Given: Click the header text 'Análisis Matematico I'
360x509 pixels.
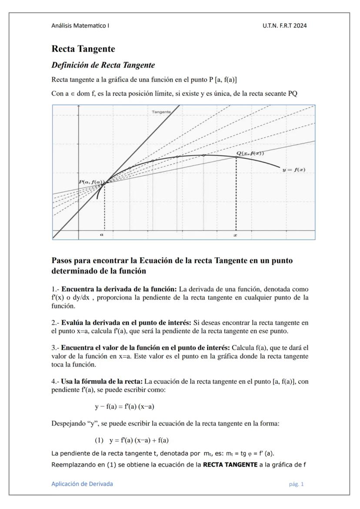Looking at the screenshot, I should pyautogui.click(x=80, y=26).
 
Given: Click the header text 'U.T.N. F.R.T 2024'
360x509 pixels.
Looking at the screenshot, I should pyautogui.click(x=285, y=26).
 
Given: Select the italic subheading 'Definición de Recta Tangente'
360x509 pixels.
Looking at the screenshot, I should pyautogui.click(x=103, y=65).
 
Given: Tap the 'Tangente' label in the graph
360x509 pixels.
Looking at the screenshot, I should pyautogui.click(x=161, y=112).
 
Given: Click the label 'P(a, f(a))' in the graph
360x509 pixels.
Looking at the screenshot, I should pyautogui.click(x=91, y=182).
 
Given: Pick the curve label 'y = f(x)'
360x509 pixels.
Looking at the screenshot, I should pyautogui.click(x=293, y=170).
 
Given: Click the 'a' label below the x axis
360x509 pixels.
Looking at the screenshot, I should pyautogui.click(x=102, y=234).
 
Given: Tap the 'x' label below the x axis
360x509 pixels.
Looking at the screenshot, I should pyautogui.click(x=235, y=234).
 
